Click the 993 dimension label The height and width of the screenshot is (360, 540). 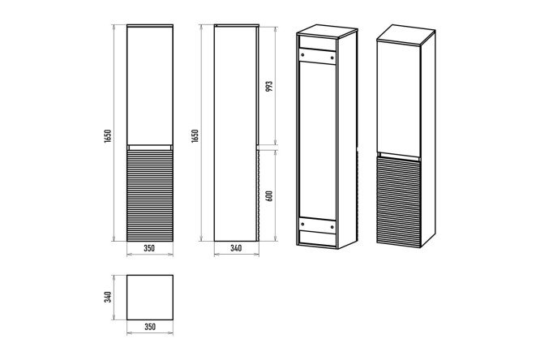(x=269, y=86)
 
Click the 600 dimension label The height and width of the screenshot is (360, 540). (x=269, y=196)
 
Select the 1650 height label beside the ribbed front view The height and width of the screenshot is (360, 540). (x=108, y=136)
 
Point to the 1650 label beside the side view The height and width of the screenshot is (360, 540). (x=195, y=136)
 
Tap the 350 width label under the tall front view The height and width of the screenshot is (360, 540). (x=149, y=248)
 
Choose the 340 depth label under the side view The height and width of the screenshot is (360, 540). (x=236, y=248)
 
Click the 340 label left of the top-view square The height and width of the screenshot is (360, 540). (x=108, y=297)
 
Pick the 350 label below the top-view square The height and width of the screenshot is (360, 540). (x=150, y=327)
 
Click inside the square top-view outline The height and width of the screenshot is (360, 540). (x=150, y=298)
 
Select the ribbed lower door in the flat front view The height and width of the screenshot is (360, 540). (x=150, y=195)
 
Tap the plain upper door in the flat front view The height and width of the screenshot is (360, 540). (x=150, y=85)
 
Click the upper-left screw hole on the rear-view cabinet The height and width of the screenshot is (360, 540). (x=302, y=54)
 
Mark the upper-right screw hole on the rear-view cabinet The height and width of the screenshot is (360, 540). (x=332, y=57)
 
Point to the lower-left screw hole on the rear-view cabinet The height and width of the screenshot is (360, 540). (x=302, y=225)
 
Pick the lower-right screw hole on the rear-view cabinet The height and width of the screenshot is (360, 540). (x=332, y=227)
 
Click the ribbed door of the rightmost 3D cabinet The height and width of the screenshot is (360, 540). (x=399, y=202)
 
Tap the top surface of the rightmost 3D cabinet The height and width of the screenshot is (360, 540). (x=406, y=34)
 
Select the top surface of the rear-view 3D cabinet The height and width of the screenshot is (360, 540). (x=327, y=31)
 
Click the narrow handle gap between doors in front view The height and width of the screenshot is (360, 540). (x=150, y=148)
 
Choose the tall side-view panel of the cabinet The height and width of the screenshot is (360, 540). (x=235, y=133)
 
